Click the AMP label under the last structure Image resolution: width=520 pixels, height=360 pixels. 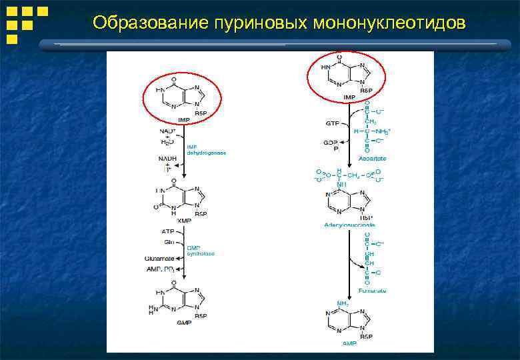[x=349, y=344]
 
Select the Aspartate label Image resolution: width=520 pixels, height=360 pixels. [x=372, y=159]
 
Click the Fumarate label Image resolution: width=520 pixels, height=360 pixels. [x=372, y=291]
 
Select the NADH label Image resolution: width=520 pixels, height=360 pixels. [x=167, y=159]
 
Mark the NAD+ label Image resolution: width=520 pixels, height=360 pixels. [x=167, y=131]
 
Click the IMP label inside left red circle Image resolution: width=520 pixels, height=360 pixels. [x=183, y=119]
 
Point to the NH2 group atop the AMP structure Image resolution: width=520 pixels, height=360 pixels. [x=342, y=303]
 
